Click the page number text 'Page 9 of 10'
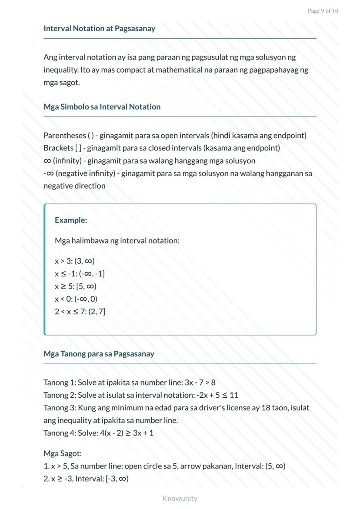(323, 11)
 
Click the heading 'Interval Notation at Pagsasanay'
(99, 29)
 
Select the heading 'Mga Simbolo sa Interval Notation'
(102, 107)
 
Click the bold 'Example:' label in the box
(71, 220)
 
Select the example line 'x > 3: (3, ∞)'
(75, 261)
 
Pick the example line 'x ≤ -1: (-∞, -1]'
(80, 274)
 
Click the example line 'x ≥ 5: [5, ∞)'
(76, 286)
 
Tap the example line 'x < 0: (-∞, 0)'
(76, 299)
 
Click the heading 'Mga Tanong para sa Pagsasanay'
(99, 354)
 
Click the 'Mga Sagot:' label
(63, 454)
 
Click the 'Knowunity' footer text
(180, 499)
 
